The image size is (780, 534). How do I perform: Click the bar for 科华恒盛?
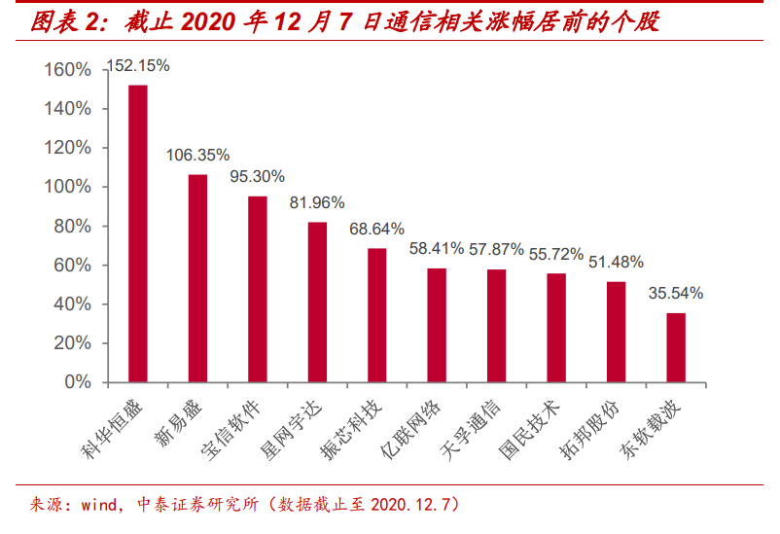click(x=138, y=233)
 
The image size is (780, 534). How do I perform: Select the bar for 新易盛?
click(x=197, y=278)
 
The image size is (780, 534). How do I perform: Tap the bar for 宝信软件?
click(x=258, y=289)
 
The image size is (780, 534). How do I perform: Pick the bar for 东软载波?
click(x=676, y=347)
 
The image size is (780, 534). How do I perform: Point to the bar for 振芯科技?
click(x=377, y=315)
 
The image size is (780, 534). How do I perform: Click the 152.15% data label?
click(x=139, y=66)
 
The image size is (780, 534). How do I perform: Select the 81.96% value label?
click(x=317, y=203)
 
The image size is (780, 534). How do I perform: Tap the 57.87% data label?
click(x=496, y=250)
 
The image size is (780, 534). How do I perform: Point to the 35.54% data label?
click(x=675, y=293)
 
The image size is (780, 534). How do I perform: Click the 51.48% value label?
click(x=616, y=262)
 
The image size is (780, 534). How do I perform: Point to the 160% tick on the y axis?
click(x=67, y=70)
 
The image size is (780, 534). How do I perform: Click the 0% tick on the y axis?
click(x=77, y=382)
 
